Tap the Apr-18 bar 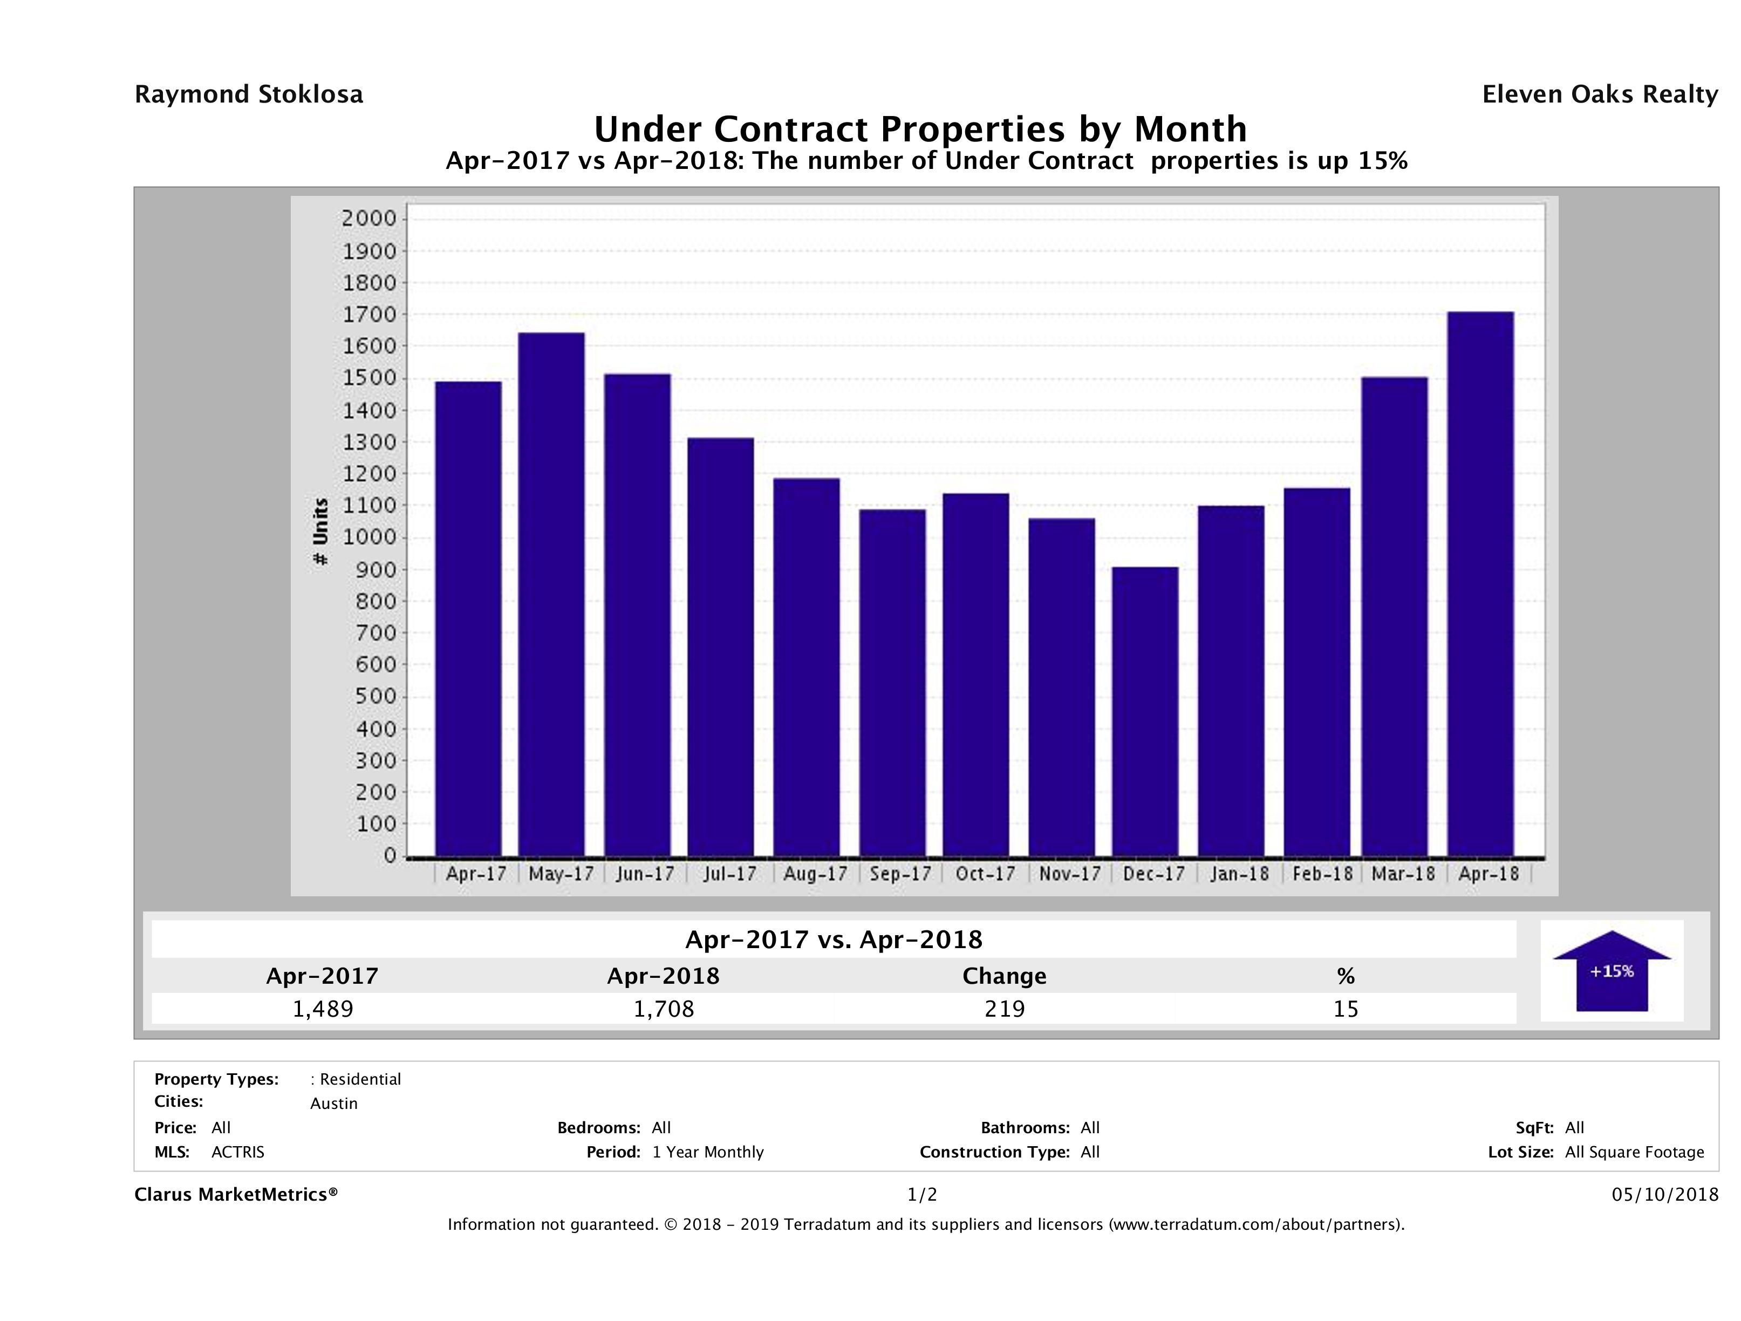(x=1480, y=583)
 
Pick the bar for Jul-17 (x=720, y=646)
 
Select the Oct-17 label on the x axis (x=985, y=874)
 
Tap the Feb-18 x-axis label (x=1322, y=874)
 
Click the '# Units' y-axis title (x=320, y=532)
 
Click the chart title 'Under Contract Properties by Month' (x=920, y=129)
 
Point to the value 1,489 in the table (x=323, y=1009)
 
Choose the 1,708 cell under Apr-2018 (x=664, y=1009)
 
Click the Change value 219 (x=1005, y=1009)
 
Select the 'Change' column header (x=1005, y=976)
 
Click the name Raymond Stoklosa (x=249, y=94)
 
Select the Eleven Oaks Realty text (x=1599, y=94)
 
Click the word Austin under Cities (x=334, y=1104)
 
